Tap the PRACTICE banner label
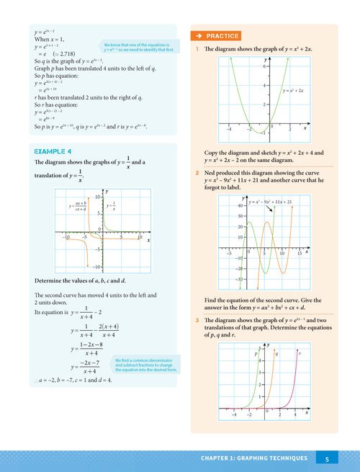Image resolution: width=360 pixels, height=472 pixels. (215, 35)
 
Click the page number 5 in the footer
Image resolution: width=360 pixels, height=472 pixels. (327, 458)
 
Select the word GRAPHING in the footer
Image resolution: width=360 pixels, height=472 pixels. (263, 458)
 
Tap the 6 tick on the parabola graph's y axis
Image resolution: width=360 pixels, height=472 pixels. (264, 66)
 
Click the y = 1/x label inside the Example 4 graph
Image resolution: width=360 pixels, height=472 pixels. (114, 206)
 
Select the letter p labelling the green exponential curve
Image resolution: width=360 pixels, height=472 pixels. (256, 354)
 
